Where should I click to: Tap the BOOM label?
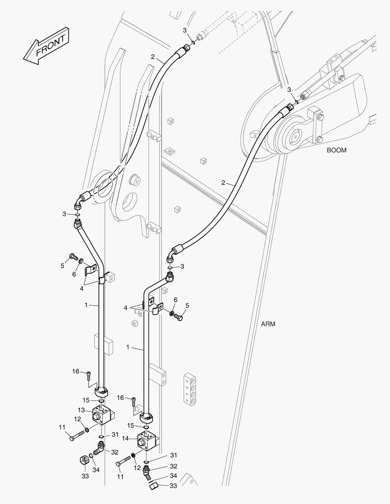pyautogui.click(x=337, y=150)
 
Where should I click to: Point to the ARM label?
pyautogui.click(x=268, y=324)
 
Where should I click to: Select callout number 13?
pyautogui.click(x=81, y=410)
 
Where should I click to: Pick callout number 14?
pyautogui.click(x=126, y=438)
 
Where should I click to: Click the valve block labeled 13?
pyautogui.click(x=104, y=414)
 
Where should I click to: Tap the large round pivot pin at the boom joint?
pyautogui.click(x=293, y=137)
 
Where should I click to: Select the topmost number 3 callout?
pyautogui.click(x=184, y=30)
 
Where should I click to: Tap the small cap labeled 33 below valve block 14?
pyautogui.click(x=154, y=485)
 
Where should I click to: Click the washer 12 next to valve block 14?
pyautogui.click(x=134, y=456)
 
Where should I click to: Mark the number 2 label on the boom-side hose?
pyautogui.click(x=223, y=182)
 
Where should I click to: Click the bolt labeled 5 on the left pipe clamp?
pyautogui.click(x=74, y=257)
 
